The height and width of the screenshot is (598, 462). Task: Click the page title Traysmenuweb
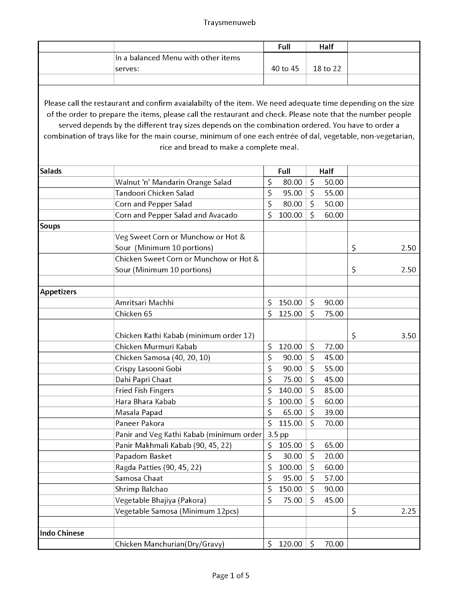[230, 22]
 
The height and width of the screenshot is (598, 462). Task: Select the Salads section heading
[51, 171]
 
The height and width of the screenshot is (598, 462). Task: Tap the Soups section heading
[50, 226]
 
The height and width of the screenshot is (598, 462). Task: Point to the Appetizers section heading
[58, 292]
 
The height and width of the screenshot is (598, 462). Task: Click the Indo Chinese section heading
[62, 533]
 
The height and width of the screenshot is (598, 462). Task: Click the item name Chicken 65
[134, 314]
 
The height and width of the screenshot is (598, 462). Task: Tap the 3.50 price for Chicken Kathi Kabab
[408, 336]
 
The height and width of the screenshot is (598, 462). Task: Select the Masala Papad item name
[139, 412]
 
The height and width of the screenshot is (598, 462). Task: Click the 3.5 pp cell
[278, 434]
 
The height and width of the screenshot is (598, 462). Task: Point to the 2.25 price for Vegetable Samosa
[408, 511]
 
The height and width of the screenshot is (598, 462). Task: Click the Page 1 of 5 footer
[231, 576]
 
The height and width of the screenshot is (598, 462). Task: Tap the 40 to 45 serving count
[285, 69]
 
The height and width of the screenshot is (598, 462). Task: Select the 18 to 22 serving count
[327, 69]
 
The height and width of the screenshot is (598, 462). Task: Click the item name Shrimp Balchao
[141, 489]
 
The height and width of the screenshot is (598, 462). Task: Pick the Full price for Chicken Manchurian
[290, 544]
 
